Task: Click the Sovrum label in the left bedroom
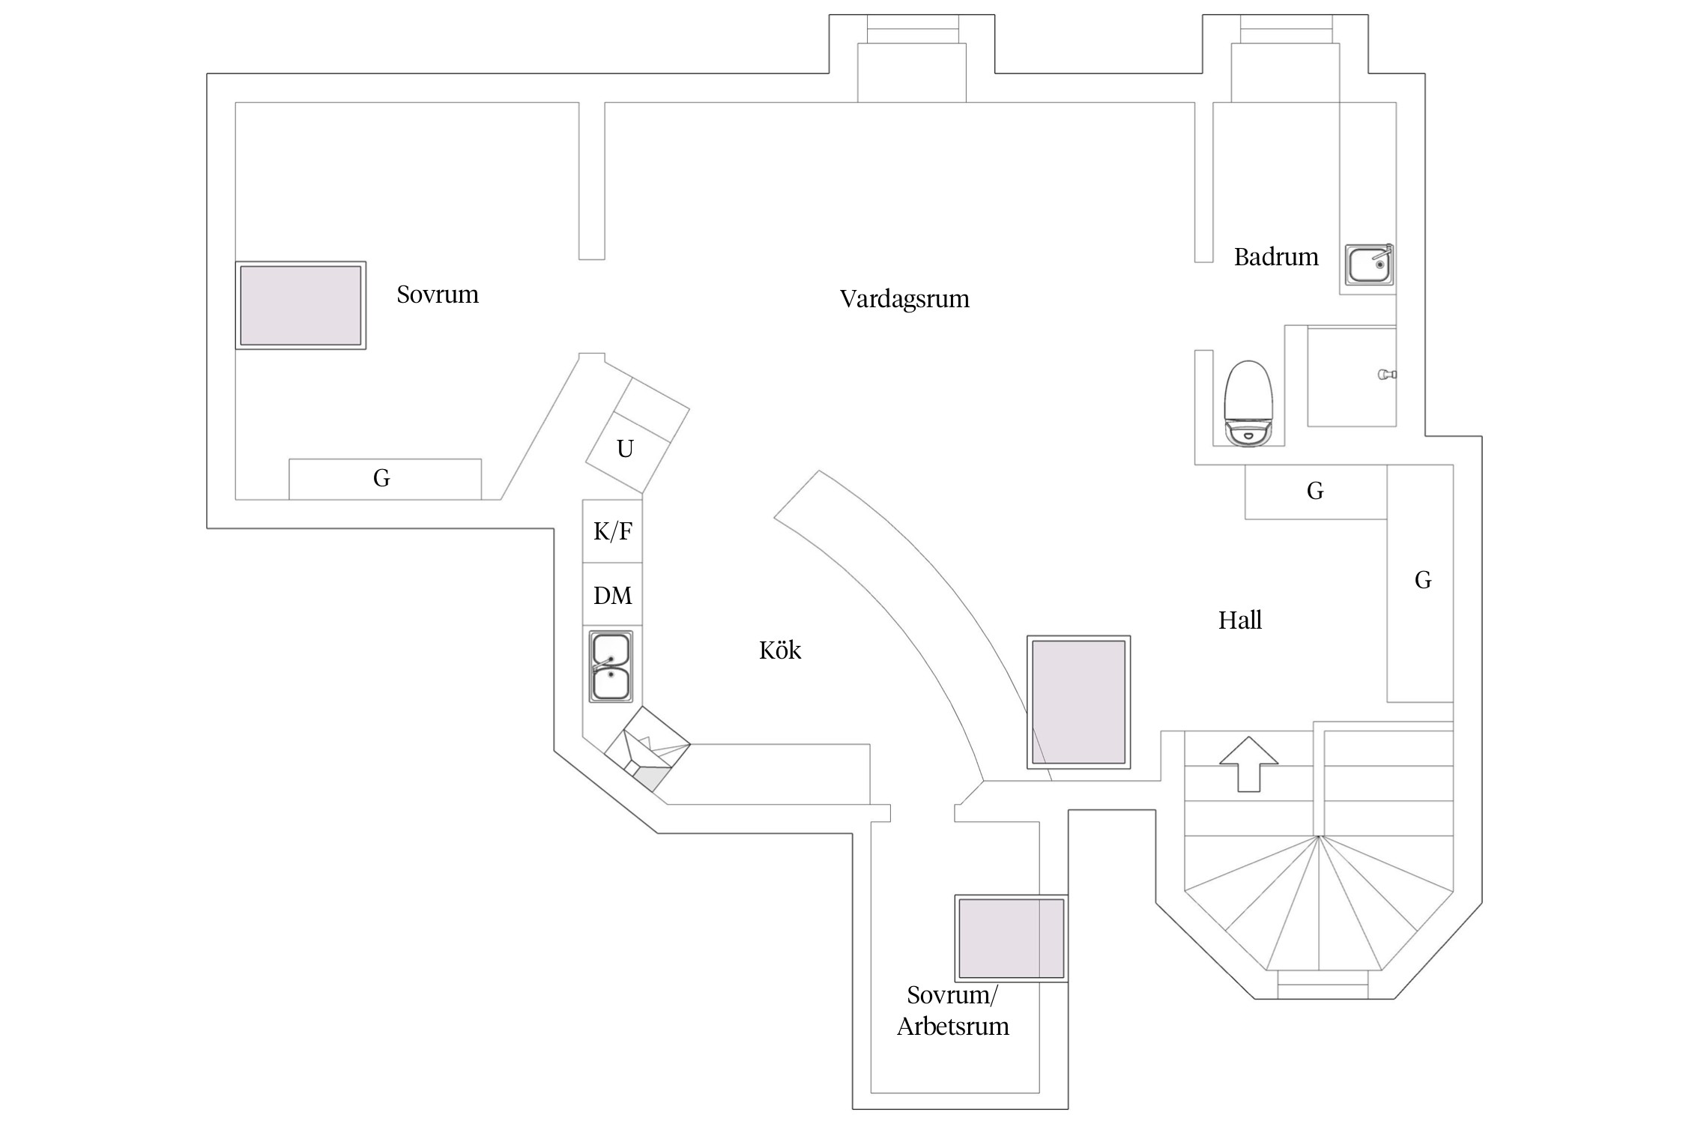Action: coord(438,294)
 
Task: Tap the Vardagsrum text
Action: coord(904,299)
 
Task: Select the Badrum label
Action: coord(1276,257)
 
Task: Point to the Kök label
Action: coord(780,650)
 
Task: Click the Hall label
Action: coord(1240,620)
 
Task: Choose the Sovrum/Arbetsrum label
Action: coord(952,1011)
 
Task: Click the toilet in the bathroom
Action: coord(1248,403)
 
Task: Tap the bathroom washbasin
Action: coord(1368,265)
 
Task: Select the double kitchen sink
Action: coord(611,666)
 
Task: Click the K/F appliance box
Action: coord(613,531)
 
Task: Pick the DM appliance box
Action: coord(613,595)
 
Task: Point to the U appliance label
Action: coord(625,449)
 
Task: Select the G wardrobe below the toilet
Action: coord(1315,492)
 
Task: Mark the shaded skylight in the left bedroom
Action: coord(300,305)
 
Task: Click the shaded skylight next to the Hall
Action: coord(1078,702)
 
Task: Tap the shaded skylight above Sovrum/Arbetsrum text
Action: coord(1011,937)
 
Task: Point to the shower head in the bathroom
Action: coord(1387,374)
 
